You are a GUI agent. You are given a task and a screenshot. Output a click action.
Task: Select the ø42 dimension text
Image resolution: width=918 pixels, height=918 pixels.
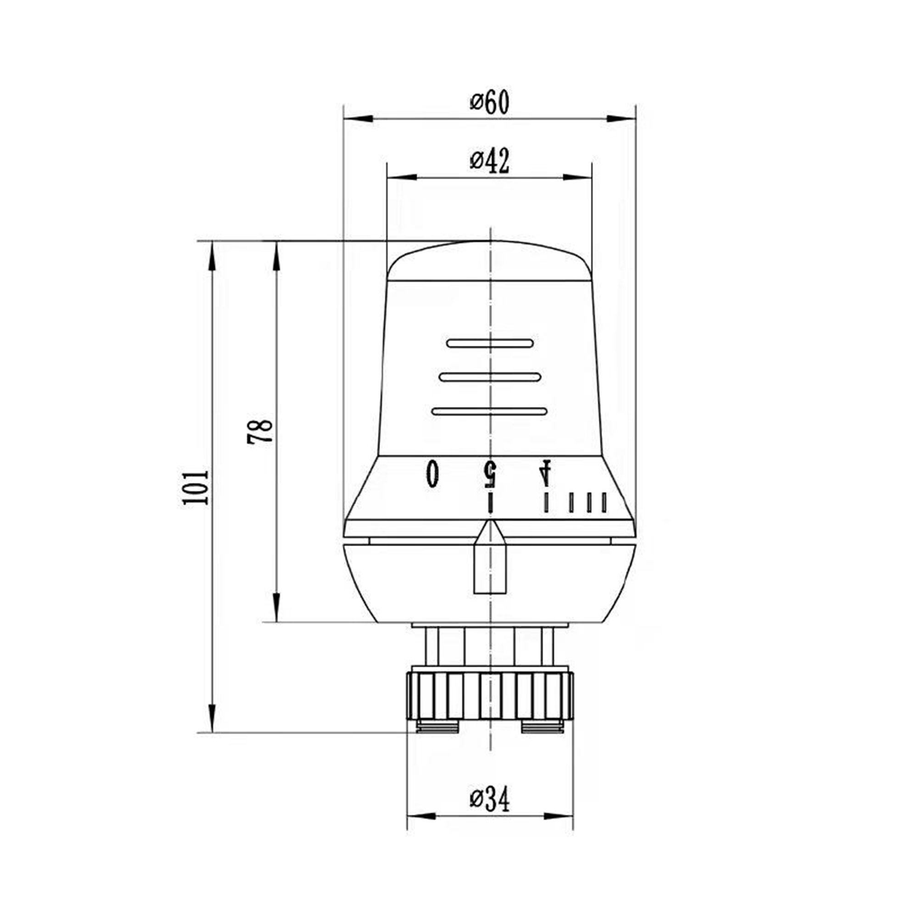click(x=489, y=162)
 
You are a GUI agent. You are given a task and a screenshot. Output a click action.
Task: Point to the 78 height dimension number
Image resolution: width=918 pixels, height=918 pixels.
click(x=260, y=431)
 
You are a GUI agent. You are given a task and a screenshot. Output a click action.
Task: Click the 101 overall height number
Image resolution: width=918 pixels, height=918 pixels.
click(x=195, y=488)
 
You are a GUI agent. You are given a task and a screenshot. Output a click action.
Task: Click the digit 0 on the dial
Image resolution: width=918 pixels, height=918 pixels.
click(x=432, y=473)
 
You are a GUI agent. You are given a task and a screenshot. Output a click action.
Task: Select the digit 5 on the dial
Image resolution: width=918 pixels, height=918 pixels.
click(x=490, y=473)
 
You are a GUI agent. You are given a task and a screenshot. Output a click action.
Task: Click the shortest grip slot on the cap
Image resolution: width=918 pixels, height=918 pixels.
click(x=490, y=343)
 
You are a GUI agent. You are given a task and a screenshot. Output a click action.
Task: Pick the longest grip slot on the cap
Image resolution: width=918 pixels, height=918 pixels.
click(x=490, y=411)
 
